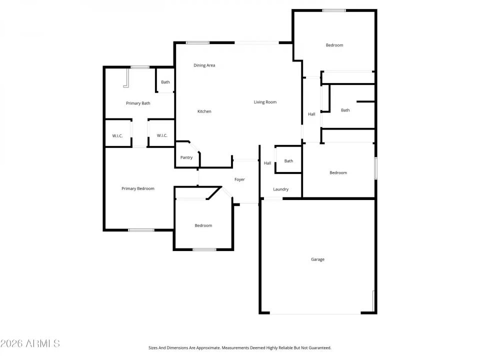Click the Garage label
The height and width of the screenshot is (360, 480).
coord(317,259)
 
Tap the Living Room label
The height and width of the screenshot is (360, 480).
coord(265,102)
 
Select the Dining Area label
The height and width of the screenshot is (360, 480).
coord(204,65)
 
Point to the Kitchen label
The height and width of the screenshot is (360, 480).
coord(204,111)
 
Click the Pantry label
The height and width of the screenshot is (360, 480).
coord(186,157)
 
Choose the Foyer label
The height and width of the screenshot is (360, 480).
coord(240,179)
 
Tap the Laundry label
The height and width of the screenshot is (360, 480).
coord(281,189)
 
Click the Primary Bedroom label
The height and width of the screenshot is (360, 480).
coord(138,189)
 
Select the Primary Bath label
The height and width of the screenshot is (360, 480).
coord(138,103)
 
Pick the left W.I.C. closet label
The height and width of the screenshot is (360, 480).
coord(117,135)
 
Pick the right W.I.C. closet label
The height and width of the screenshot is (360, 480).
coord(162,135)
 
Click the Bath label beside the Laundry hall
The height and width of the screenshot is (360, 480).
coord(288,161)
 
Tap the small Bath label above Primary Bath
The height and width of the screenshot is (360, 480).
coord(165,82)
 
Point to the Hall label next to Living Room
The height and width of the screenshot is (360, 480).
coord(311,114)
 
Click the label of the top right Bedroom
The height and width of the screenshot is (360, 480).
coord(334,45)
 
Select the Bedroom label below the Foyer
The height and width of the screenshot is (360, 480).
coord(203,226)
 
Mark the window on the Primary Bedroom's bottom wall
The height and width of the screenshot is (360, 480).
coord(141,230)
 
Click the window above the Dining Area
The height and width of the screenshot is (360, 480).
coord(197,42)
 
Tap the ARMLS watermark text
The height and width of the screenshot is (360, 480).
coord(30,343)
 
